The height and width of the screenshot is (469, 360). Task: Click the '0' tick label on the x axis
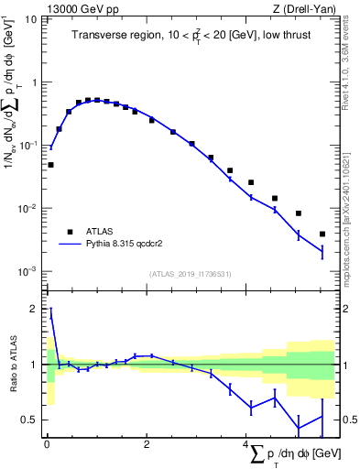tap(47, 444)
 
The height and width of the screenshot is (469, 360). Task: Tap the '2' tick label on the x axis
tap(147, 444)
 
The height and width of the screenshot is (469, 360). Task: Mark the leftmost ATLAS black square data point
tap(50, 165)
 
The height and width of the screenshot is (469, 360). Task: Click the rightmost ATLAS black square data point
tap(322, 234)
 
